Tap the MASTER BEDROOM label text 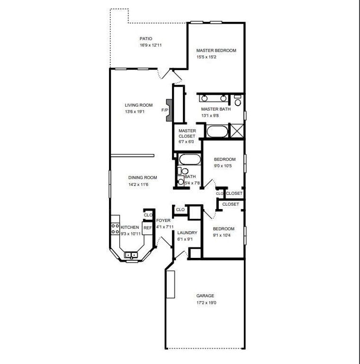click(x=216, y=50)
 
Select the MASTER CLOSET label click(x=187, y=133)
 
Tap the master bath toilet click(x=237, y=101)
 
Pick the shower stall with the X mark click(x=236, y=130)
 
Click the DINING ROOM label click(x=142, y=178)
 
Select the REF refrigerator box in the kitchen click(x=148, y=228)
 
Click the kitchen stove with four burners click(x=115, y=229)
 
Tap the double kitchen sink click(x=131, y=255)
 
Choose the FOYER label click(x=163, y=220)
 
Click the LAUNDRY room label click(x=187, y=233)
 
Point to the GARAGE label click(x=205, y=296)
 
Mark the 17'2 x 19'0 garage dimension click(x=205, y=302)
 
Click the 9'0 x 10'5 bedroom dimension click(x=225, y=166)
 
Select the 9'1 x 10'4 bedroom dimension click(x=224, y=235)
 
